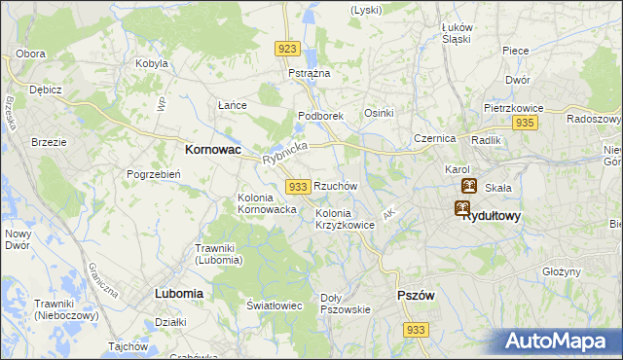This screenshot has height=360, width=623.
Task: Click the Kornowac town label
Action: (213, 151)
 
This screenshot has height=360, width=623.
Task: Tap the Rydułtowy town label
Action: (492, 216)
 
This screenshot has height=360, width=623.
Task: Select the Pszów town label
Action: (416, 295)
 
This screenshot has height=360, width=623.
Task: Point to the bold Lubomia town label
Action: (179, 293)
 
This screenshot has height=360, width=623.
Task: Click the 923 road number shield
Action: (286, 49)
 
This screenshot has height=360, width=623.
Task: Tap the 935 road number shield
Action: (526, 123)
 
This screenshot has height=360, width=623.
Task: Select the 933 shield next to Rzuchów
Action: (299, 186)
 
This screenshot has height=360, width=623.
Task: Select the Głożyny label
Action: (562, 272)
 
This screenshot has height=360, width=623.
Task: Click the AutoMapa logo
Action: (562, 342)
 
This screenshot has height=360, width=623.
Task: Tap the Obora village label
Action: (31, 53)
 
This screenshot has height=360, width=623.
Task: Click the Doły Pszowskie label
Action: (346, 304)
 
